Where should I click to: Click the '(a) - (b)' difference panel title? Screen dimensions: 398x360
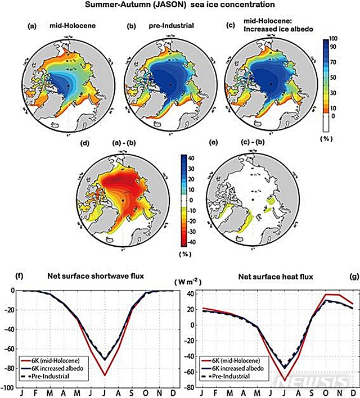coord(119,143)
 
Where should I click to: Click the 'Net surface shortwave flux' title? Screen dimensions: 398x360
coord(93,276)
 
